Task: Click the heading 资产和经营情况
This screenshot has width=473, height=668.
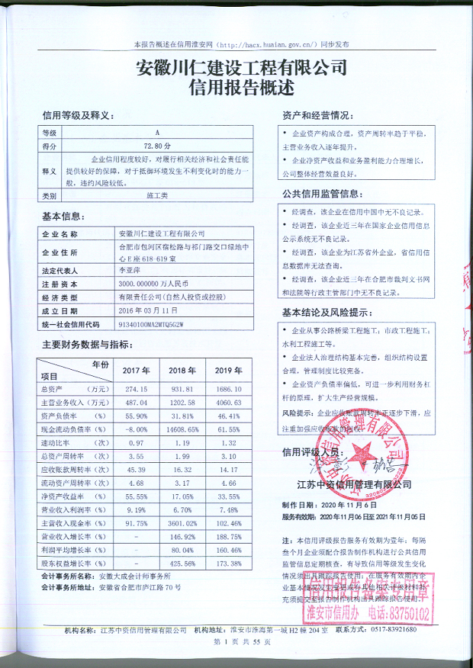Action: tap(316, 115)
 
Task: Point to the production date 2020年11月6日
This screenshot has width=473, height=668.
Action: tap(346, 505)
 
